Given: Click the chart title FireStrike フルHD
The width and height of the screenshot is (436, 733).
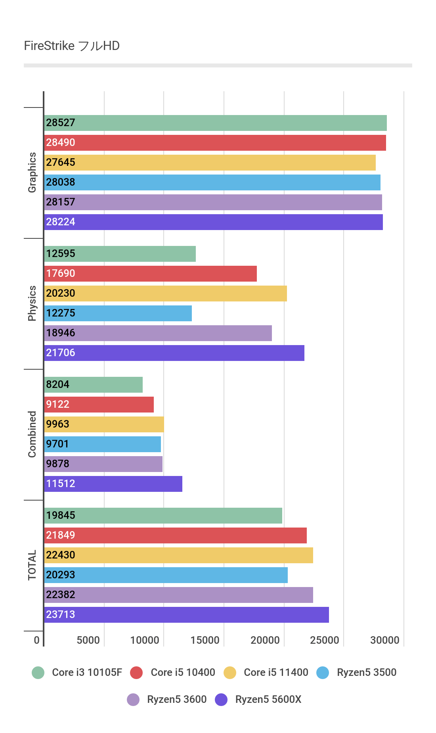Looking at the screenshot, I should pyautogui.click(x=72, y=46).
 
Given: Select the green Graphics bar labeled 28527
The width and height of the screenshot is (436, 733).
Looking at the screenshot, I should pyautogui.click(x=215, y=123).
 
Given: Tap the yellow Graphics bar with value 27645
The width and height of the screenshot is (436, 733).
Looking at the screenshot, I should pyautogui.click(x=210, y=163).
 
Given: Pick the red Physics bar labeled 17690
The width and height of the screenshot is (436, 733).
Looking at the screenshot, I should pyautogui.click(x=150, y=274).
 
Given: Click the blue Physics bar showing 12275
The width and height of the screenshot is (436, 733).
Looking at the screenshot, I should pyautogui.click(x=118, y=313).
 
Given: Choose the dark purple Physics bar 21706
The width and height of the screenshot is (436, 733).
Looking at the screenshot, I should pyautogui.click(x=174, y=353).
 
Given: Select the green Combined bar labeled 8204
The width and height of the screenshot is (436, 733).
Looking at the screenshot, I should pyautogui.click(x=93, y=385).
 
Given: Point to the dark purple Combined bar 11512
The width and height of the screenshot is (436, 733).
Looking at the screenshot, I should pyautogui.click(x=113, y=484).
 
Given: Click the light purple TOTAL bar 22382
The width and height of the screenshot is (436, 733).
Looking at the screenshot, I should pyautogui.click(x=178, y=595).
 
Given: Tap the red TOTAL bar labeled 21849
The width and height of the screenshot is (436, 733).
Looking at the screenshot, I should pyautogui.click(x=175, y=535).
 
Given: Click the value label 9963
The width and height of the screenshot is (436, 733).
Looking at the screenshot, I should pyautogui.click(x=58, y=424).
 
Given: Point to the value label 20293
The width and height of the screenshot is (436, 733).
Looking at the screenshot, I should pyautogui.click(x=61, y=575).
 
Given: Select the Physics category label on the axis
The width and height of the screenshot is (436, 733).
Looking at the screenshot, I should pyautogui.click(x=32, y=303).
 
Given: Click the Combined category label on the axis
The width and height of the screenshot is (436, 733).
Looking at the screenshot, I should pyautogui.click(x=32, y=434).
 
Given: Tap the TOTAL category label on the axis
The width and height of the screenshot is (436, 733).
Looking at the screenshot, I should pyautogui.click(x=32, y=565).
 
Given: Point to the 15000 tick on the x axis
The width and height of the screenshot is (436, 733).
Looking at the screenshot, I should pyautogui.click(x=205, y=640).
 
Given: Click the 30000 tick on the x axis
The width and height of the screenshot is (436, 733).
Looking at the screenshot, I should pyautogui.click(x=384, y=640).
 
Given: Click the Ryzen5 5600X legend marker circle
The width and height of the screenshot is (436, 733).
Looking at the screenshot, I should pyautogui.click(x=221, y=700).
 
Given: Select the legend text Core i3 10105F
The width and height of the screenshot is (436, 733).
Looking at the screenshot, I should pyautogui.click(x=87, y=672).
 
